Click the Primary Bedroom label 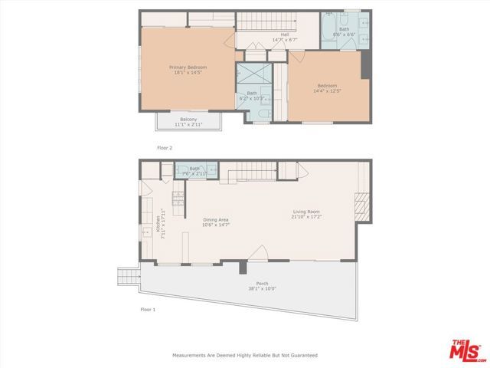click(188, 67)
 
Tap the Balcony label click(188, 120)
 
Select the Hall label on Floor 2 click(285, 34)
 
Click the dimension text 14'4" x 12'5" click(328, 91)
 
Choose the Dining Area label click(216, 220)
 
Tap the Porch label click(256, 284)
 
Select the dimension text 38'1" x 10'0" click(256, 289)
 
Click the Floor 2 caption click(165, 146)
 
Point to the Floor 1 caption click(147, 309)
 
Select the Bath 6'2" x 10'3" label click(252, 96)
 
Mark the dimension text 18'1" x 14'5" click(188, 73)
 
